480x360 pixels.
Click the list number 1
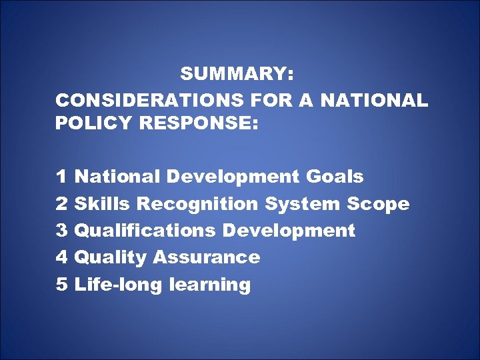(x=61, y=177)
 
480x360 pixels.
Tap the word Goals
(x=335, y=177)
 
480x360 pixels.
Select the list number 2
(x=61, y=204)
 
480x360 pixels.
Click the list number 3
(x=61, y=231)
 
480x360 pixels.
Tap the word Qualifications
(x=145, y=231)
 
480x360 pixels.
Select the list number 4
(x=61, y=257)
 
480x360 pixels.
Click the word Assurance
(x=206, y=257)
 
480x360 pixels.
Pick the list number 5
(x=61, y=285)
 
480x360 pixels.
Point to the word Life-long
(x=119, y=285)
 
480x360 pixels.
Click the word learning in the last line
(x=210, y=285)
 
